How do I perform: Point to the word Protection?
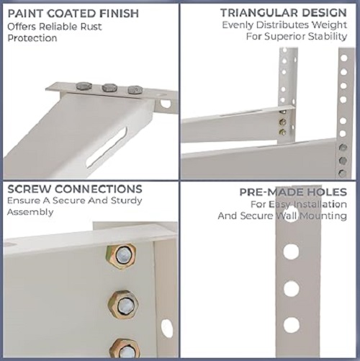click(32, 38)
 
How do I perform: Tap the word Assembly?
click(31, 213)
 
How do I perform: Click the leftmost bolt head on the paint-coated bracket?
click(84, 86)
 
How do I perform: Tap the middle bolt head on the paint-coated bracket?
click(109, 88)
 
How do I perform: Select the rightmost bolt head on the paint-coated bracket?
click(135, 90)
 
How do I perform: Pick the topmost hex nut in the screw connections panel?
click(122, 255)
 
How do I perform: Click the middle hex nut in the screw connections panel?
click(123, 303)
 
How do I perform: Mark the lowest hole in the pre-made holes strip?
click(291, 325)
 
